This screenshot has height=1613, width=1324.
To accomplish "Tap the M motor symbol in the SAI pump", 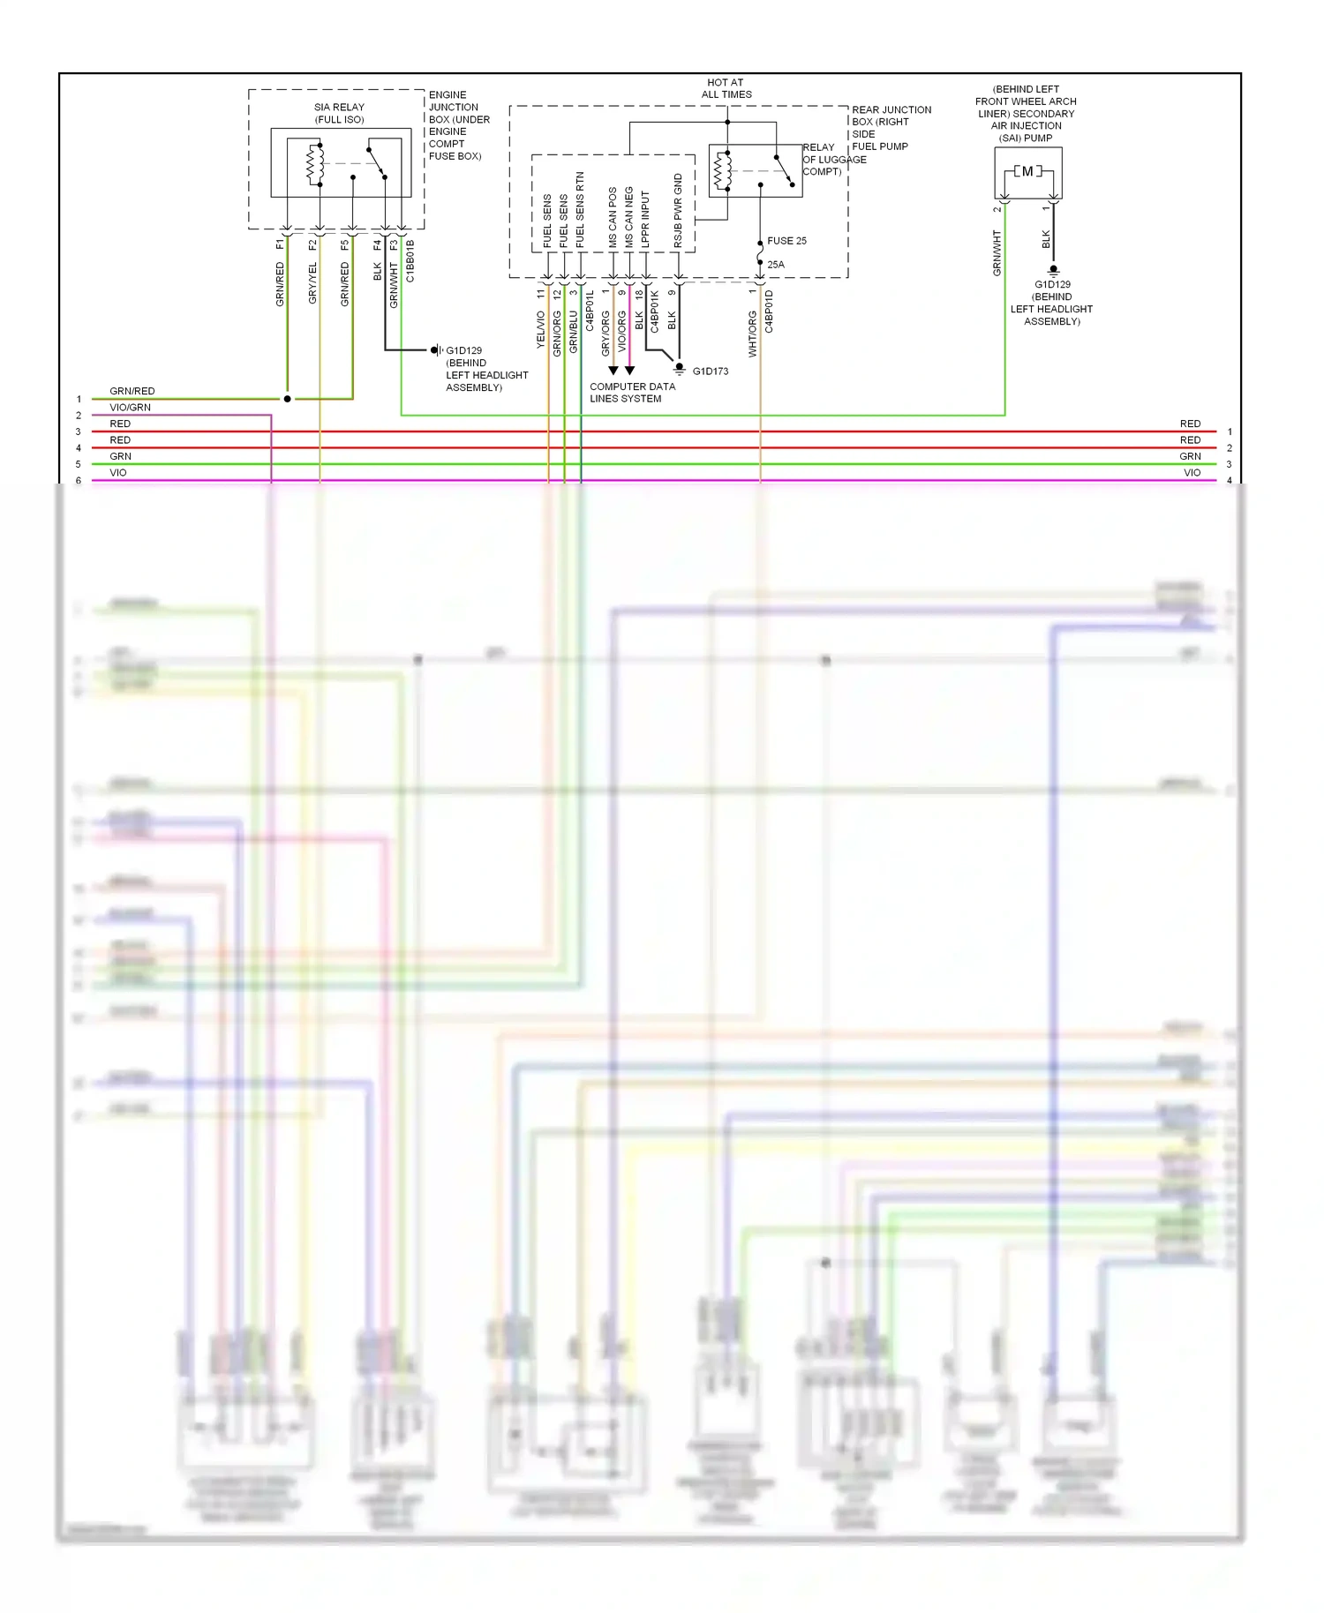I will point(1027,171).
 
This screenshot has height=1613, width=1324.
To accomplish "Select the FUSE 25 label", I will point(786,241).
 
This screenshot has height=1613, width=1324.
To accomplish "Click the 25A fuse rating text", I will point(776,265).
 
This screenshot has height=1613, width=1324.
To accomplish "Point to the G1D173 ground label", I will point(711,371).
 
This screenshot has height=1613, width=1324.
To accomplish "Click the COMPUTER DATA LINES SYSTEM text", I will point(632,393).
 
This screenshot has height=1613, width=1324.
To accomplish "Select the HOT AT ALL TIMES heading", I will point(726,88).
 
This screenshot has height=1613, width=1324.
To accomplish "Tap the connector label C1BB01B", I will point(410,261).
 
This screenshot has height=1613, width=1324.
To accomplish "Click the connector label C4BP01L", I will point(590,311).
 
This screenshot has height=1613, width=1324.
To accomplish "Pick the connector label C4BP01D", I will point(769,311).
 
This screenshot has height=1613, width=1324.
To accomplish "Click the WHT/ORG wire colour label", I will point(753,334).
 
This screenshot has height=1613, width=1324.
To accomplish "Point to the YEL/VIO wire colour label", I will point(541,330).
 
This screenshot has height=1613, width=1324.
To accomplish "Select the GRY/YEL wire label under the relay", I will point(312,283).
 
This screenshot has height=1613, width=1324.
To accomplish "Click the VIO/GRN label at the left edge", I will point(130,408).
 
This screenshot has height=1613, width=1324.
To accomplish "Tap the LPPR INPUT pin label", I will point(645,219).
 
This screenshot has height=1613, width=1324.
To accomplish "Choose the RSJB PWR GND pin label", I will point(678,210).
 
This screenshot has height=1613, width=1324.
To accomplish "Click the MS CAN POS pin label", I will point(613,217).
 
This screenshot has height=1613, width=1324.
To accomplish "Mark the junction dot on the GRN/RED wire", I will point(288,399).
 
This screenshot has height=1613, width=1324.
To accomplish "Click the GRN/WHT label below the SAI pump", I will point(997,253).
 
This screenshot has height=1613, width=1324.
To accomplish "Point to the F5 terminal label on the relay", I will point(345,245).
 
